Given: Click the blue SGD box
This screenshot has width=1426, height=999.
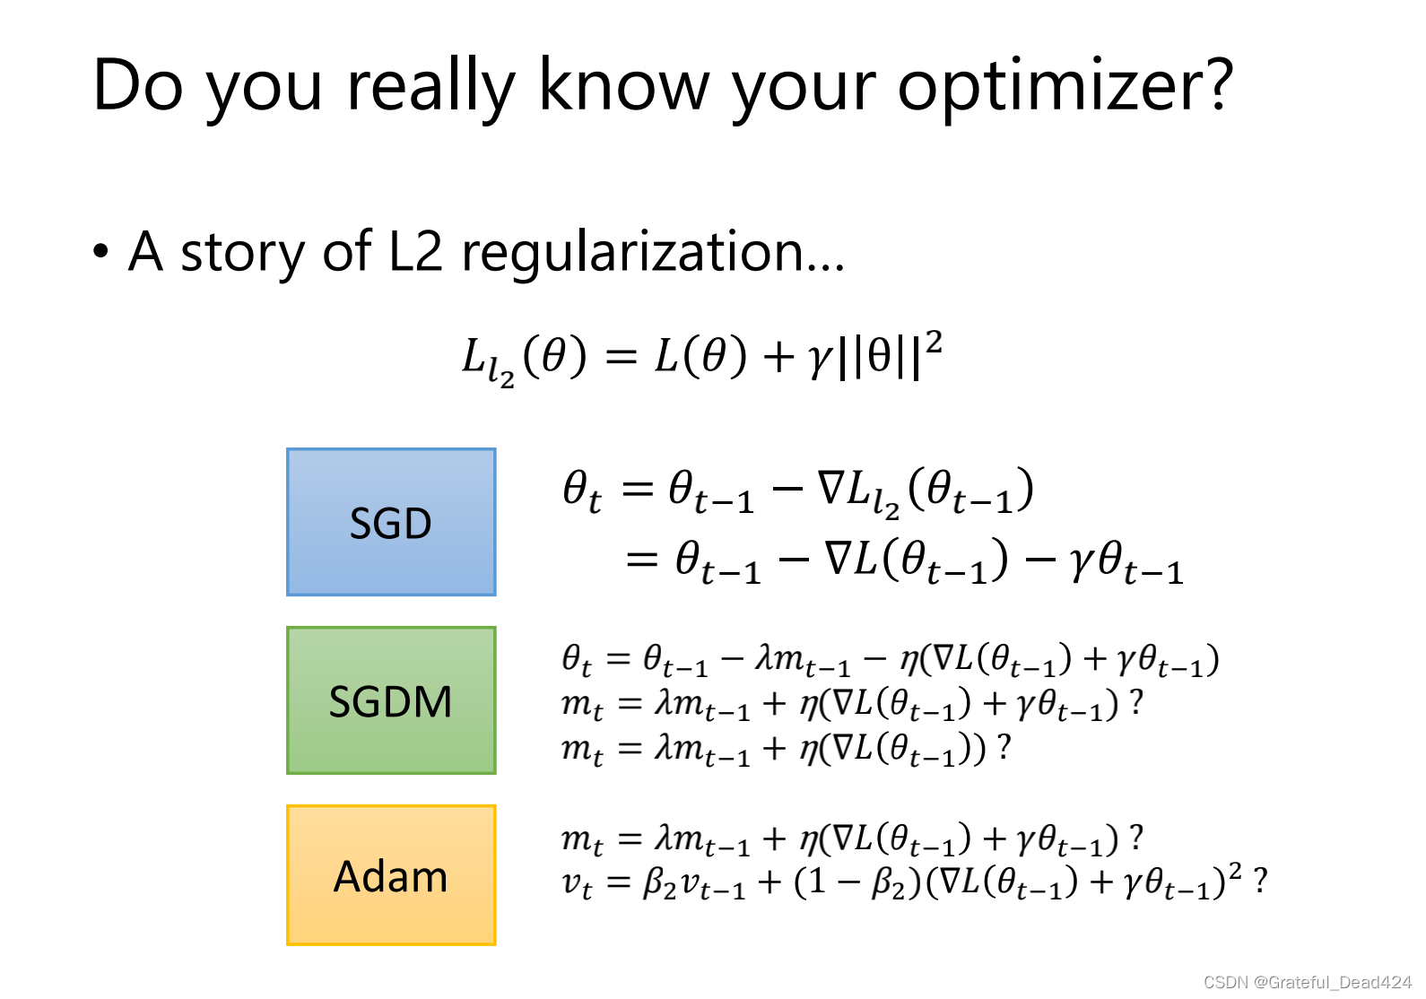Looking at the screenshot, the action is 391,522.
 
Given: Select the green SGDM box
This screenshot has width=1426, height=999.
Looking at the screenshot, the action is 391,700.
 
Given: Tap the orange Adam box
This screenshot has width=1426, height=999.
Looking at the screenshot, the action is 391,875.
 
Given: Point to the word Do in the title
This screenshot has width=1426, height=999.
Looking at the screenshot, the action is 138,85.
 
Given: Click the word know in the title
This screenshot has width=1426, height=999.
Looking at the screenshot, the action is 624,84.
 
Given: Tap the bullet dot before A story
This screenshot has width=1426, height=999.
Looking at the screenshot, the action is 100,251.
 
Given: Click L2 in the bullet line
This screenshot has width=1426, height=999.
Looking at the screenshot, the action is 414,251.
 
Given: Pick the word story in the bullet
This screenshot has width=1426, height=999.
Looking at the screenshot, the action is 243,254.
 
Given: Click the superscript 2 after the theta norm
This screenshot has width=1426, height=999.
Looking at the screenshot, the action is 934,343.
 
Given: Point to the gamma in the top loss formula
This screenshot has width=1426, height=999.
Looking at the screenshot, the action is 821,361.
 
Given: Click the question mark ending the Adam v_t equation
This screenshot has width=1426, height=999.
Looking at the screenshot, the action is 1260,882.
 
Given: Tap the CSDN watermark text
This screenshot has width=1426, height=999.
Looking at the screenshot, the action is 1308,983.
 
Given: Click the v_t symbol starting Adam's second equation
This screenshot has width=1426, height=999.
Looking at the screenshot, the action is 577,884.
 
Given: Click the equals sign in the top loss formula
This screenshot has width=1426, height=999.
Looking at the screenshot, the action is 622,357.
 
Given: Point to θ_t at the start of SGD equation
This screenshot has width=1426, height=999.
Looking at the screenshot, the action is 582,491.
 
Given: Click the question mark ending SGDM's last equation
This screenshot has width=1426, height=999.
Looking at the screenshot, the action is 1004,746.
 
